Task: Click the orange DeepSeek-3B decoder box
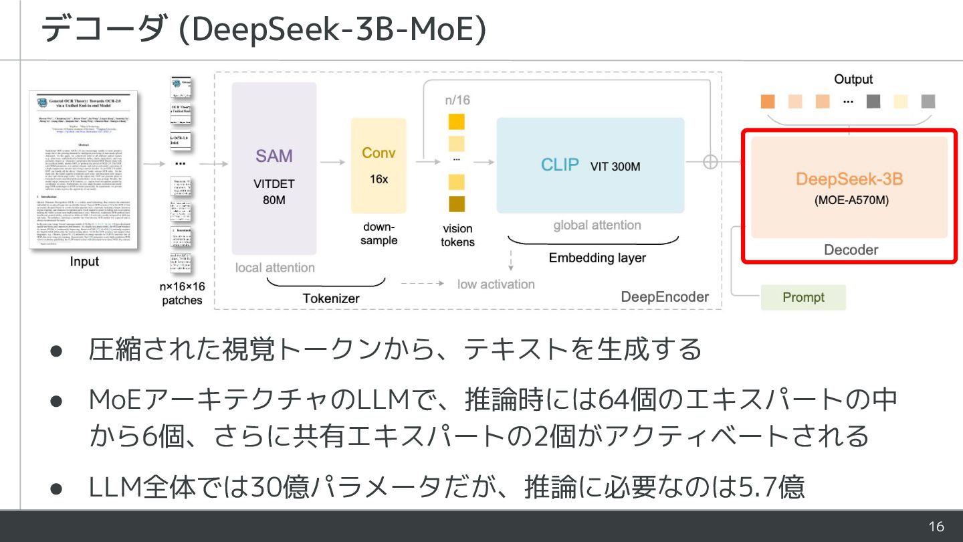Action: coord(849,187)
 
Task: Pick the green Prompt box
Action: coord(803,297)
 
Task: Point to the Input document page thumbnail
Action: coord(84,171)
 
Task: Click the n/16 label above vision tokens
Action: coord(457,100)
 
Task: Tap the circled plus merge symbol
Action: coord(710,161)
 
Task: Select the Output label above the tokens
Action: coord(853,79)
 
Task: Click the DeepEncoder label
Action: coord(665,296)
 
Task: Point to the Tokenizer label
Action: coord(331,298)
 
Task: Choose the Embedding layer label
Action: coord(597,258)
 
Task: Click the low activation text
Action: coord(496,284)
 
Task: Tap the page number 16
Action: coord(936,527)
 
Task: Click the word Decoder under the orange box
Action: coord(851,250)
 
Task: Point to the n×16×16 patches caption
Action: coord(182,293)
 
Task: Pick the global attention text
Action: coord(597,225)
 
